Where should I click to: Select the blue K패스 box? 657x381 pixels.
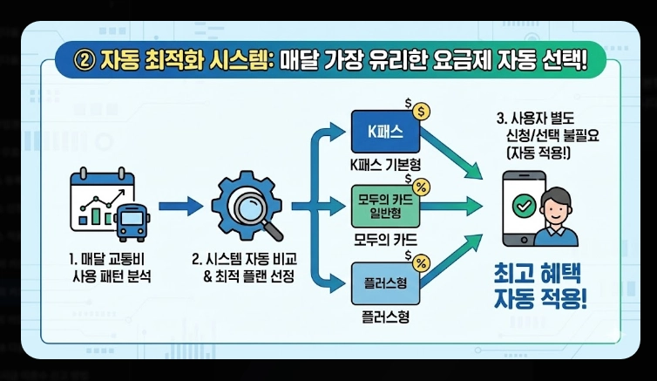coord(384,133)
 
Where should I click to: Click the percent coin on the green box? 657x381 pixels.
coord(420,186)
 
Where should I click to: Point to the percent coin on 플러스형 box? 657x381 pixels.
coord(420,262)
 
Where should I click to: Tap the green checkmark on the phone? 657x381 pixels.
coord(525,207)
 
